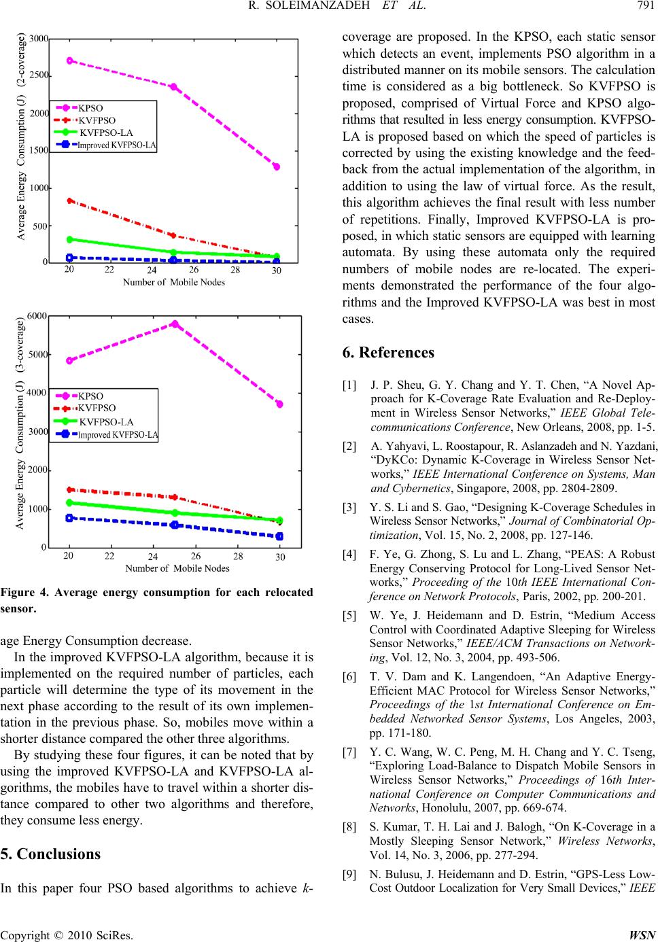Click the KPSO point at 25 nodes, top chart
pyautogui.click(x=174, y=87)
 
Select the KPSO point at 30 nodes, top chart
pyautogui.click(x=277, y=167)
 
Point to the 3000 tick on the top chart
pyautogui.click(x=38, y=39)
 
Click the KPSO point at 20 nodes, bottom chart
pyautogui.click(x=69, y=361)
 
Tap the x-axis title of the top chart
pyautogui.click(x=173, y=282)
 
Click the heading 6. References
pyautogui.click(x=389, y=353)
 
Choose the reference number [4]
pyautogui.click(x=349, y=555)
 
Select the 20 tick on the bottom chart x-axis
pyautogui.click(x=69, y=557)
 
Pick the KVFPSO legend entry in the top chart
pyautogui.click(x=97, y=120)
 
